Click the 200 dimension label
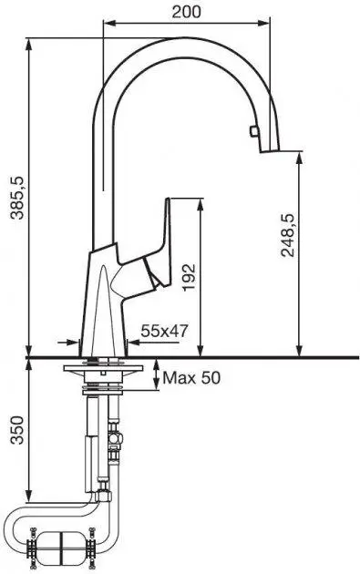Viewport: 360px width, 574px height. pos(187,12)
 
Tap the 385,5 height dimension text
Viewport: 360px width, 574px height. pos(17,198)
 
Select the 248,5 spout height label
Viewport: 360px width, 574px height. pos(288,235)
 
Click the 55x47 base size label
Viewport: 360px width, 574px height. pos(164,332)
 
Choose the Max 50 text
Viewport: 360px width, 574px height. pos(191,378)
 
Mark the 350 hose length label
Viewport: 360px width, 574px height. pos(17,430)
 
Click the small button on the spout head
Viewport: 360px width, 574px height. pos(253,130)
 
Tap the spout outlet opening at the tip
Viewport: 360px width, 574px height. pos(270,151)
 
